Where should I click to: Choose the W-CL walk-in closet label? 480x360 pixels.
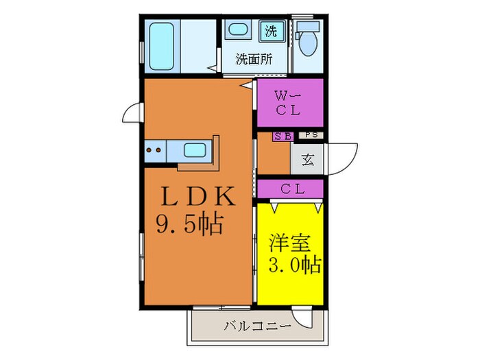[289, 102]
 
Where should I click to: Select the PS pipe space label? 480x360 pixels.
[311, 136]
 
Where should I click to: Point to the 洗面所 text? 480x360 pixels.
[254, 59]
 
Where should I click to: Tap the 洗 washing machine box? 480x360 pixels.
[272, 31]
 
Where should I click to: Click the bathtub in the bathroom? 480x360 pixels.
[160, 47]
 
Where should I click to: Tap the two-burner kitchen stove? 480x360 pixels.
[154, 149]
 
